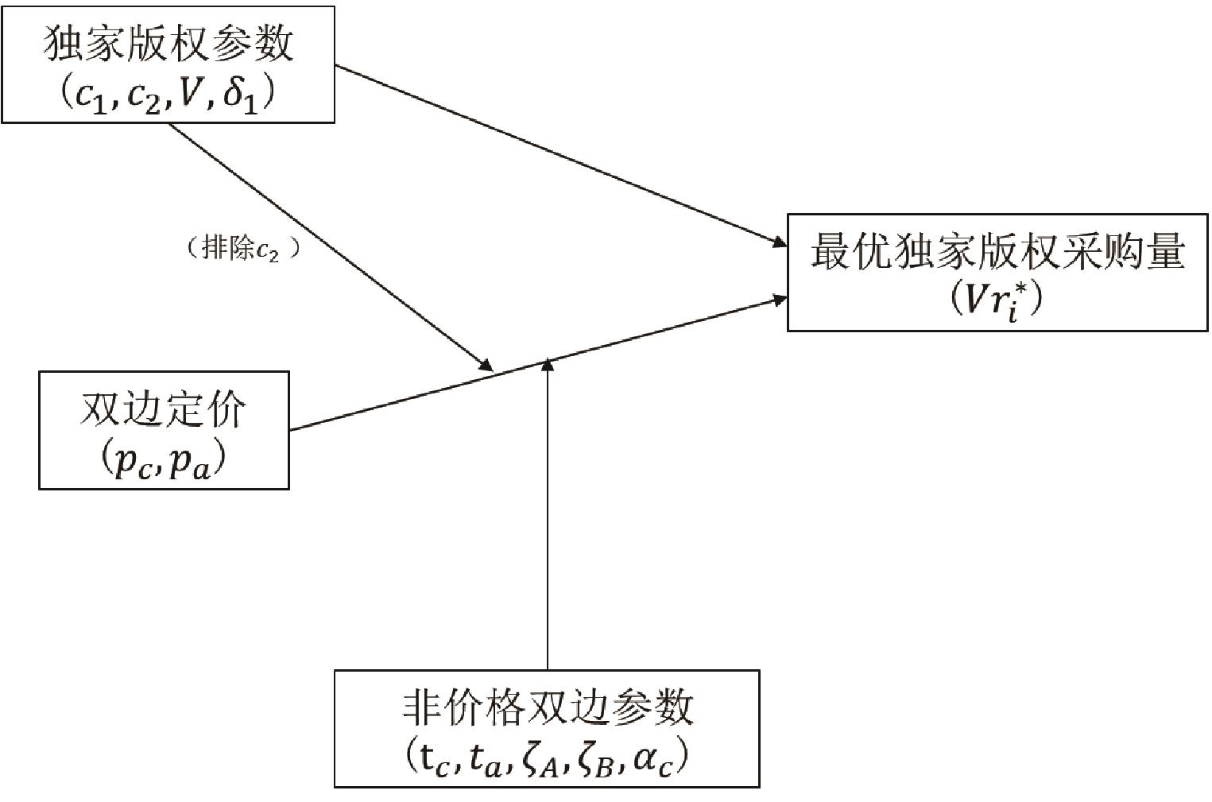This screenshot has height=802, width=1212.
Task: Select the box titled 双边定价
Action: coord(164,430)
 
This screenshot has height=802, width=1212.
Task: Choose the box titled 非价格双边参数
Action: coord(547,728)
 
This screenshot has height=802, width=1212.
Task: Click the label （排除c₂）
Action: coord(243,250)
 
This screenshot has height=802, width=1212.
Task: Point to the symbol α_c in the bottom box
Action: coord(656,759)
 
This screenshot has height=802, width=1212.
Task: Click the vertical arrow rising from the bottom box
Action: coord(548,517)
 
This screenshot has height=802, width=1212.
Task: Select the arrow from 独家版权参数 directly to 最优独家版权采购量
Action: coord(556,155)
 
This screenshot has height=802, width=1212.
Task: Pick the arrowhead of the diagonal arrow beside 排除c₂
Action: coord(485,364)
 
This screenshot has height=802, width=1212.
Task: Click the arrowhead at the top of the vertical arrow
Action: coord(548,365)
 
